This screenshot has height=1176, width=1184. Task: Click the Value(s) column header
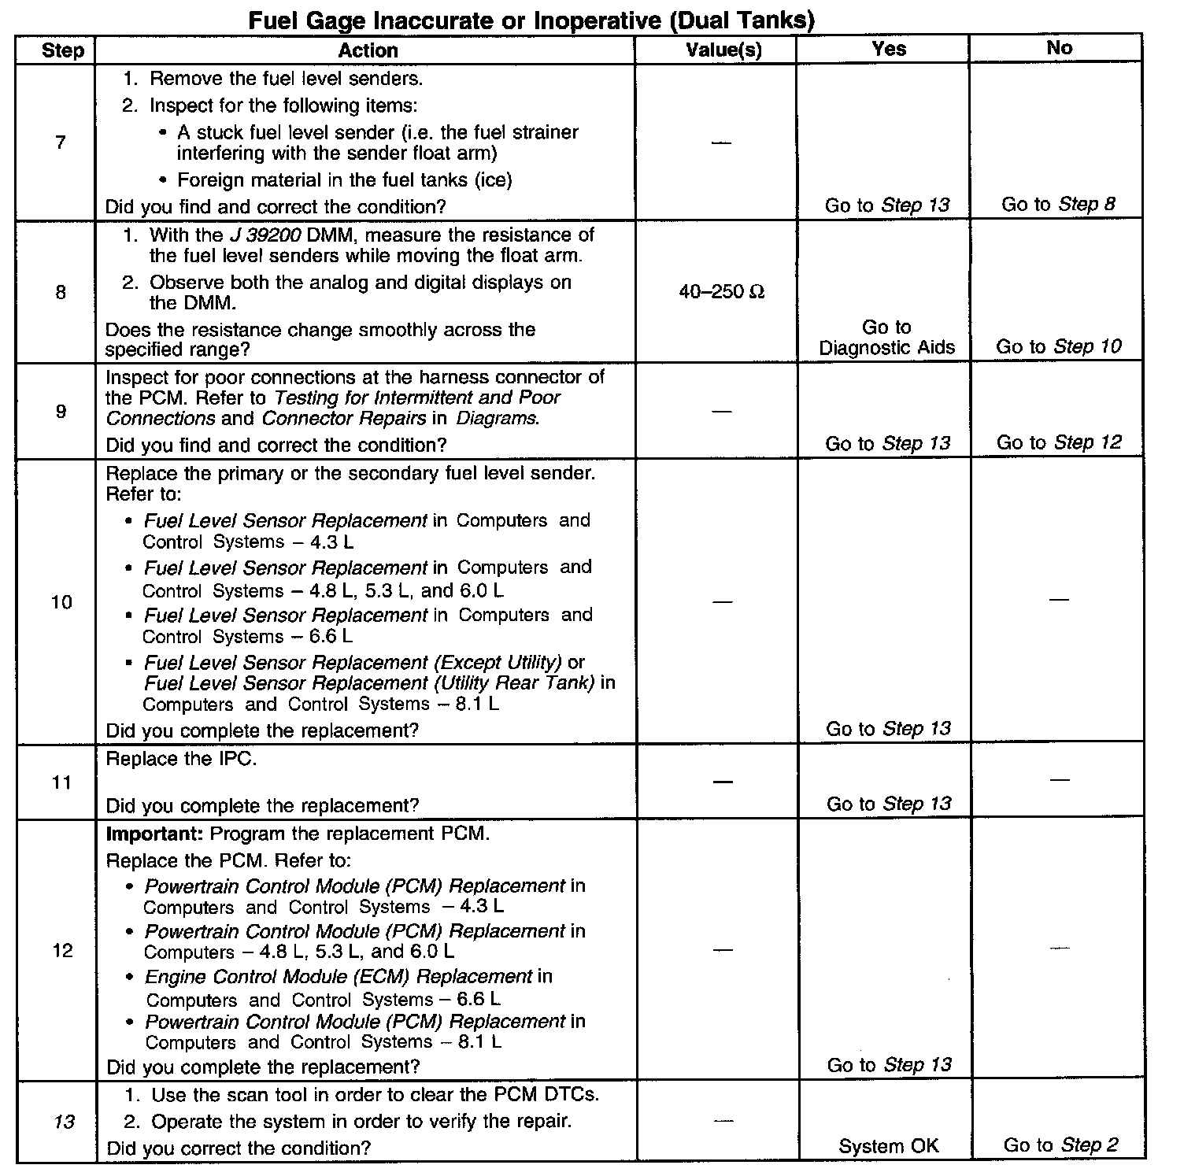tap(723, 50)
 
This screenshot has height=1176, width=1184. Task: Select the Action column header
tap(368, 50)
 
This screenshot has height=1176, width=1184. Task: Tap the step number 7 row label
tap(60, 142)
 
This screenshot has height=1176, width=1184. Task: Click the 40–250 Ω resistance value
tap(722, 292)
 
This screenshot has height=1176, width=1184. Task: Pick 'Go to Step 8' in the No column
tap(1058, 205)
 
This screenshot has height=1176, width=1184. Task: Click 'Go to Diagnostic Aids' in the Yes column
tap(886, 338)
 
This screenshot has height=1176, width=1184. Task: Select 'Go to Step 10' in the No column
tap(1058, 346)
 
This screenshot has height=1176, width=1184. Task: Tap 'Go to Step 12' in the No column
tap(1058, 442)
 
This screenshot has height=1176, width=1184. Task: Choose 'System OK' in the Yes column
tap(889, 1146)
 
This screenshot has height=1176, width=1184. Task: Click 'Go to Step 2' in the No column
tap(1060, 1145)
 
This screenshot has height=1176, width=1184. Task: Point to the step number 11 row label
tap(61, 782)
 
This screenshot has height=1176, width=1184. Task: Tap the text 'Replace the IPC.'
tap(181, 759)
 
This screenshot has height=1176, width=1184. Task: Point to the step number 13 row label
tap(63, 1121)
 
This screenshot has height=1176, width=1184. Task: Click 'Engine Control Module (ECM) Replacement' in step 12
tap(339, 977)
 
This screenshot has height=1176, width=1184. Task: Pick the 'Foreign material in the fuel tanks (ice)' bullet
tap(344, 180)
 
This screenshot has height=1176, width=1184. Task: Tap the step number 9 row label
tap(61, 411)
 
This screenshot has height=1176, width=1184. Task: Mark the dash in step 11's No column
tap(1060, 780)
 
